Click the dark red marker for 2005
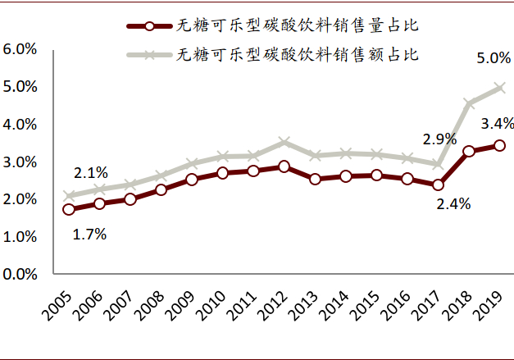tap(69, 209)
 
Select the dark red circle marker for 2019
tap(499, 145)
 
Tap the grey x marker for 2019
tap(499, 87)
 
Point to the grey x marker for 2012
tap(284, 142)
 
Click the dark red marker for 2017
tap(438, 185)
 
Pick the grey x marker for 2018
tap(469, 104)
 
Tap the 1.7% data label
tap(89, 234)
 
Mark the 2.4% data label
tap(453, 205)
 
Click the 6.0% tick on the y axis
tap(20, 49)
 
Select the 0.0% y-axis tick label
tap(20, 274)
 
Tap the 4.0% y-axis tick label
tap(20, 125)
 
